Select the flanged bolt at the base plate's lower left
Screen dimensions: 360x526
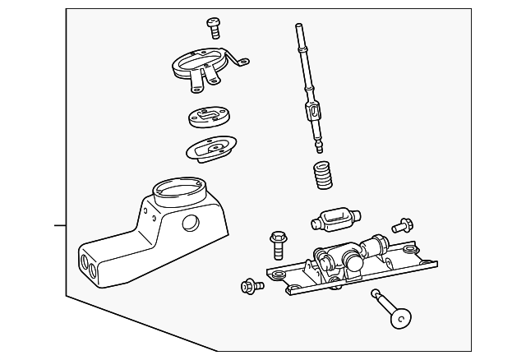pyautogui.click(x=249, y=286)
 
